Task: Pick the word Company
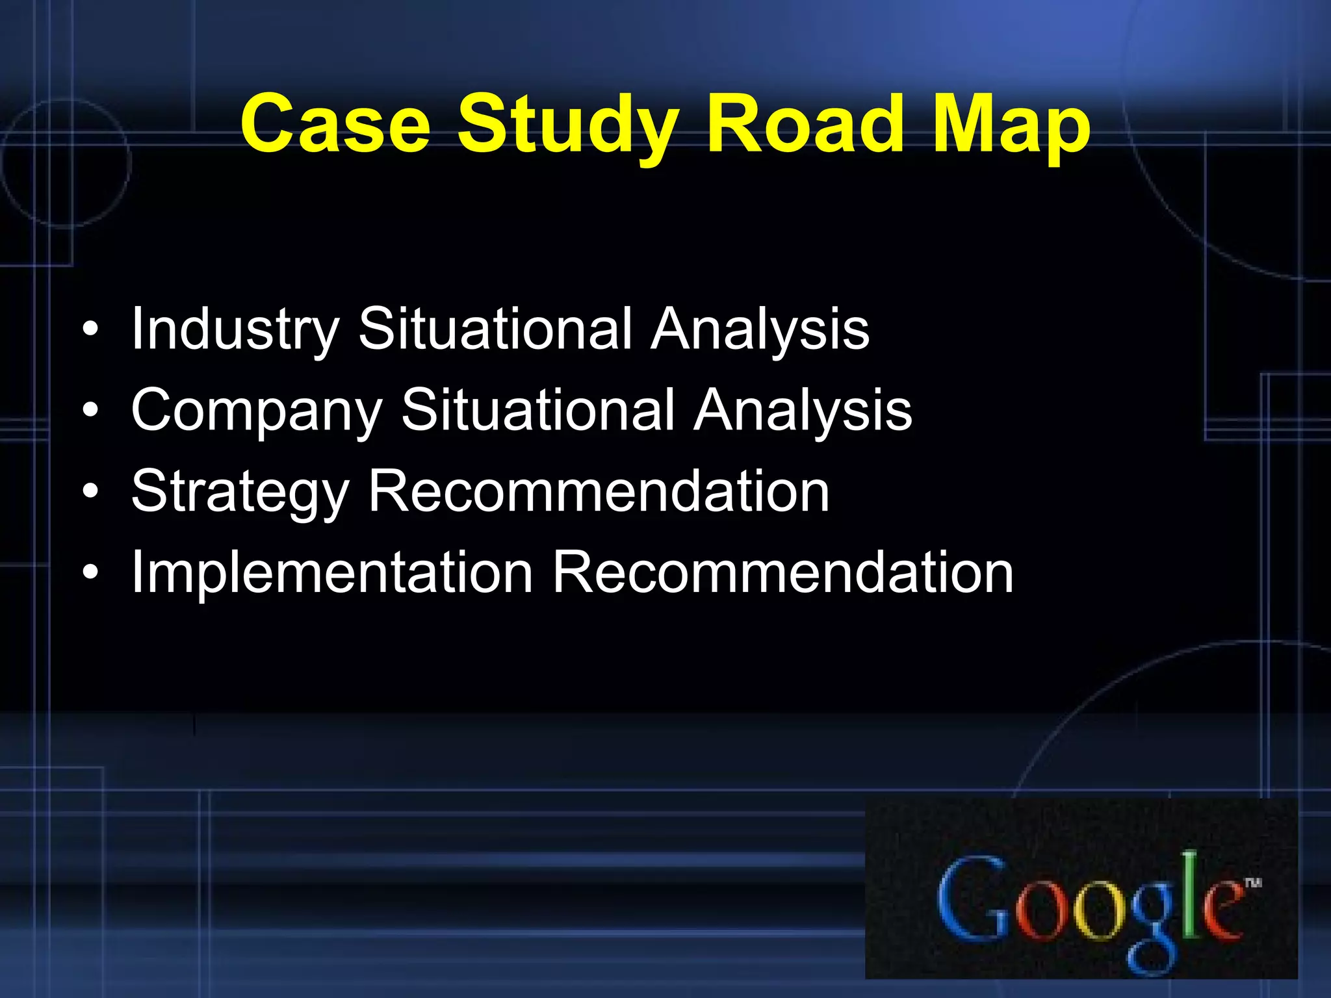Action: [257, 411]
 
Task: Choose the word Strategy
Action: [240, 493]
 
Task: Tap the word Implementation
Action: [332, 573]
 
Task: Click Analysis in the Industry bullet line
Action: [760, 329]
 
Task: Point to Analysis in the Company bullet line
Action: [803, 411]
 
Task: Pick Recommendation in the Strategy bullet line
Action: [599, 491]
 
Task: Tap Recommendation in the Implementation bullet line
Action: [782, 572]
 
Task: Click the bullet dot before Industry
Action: [91, 329]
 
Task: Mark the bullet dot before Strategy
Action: [91, 492]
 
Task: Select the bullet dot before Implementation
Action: [91, 573]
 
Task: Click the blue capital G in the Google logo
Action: [972, 899]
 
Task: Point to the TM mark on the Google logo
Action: [1253, 882]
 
